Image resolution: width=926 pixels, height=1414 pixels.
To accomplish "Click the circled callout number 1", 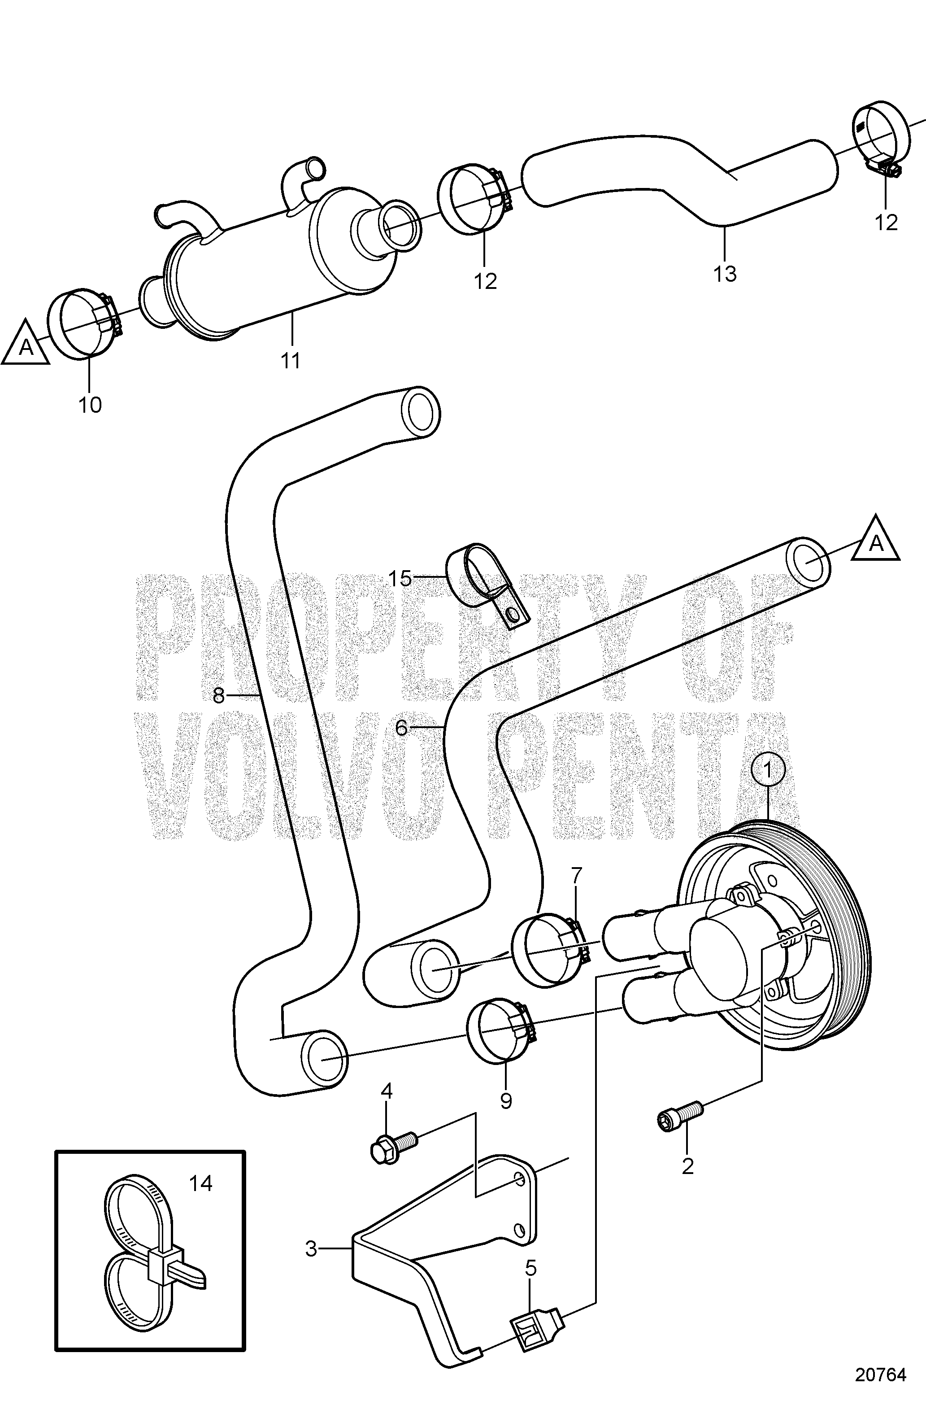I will pos(767,771).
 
